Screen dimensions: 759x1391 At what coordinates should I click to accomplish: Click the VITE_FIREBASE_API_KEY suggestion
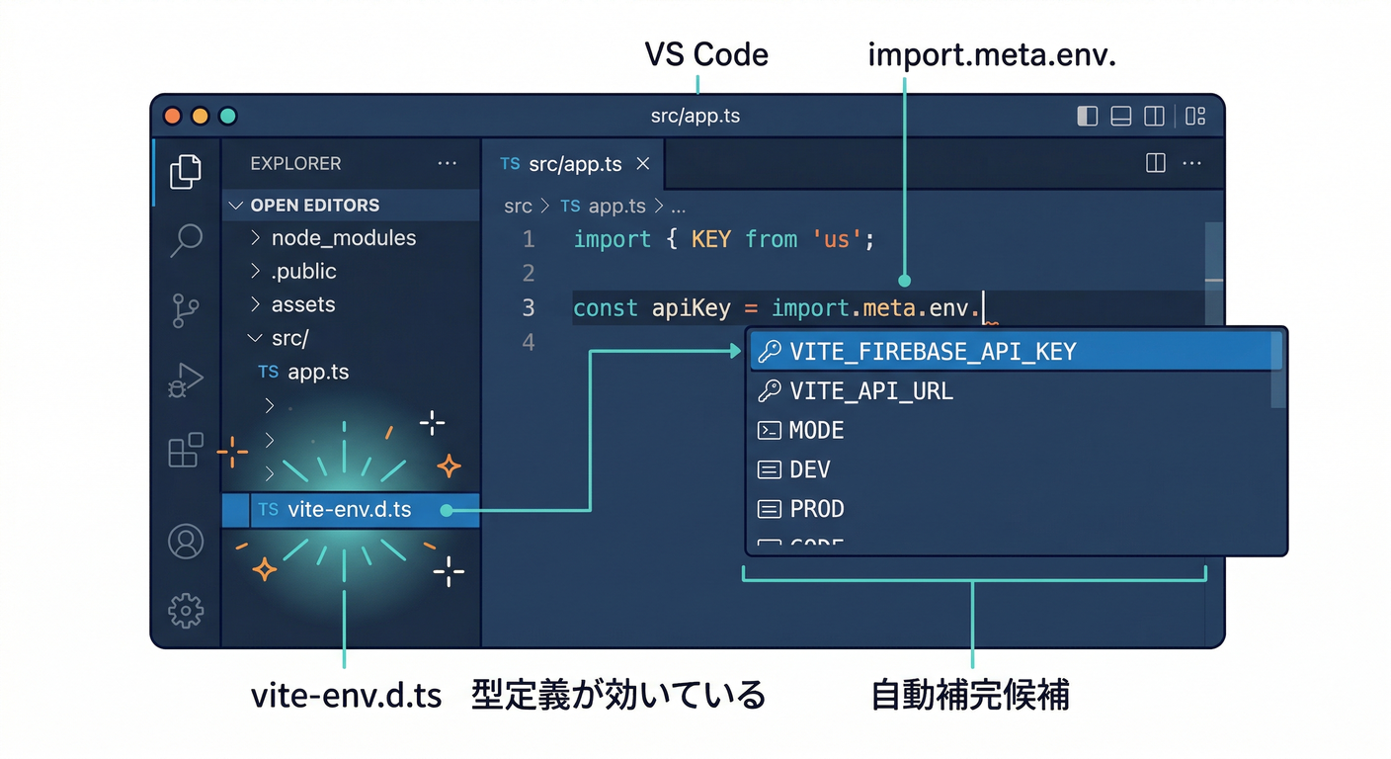(x=932, y=352)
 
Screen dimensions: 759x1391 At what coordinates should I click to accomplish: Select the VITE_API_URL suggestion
(x=870, y=391)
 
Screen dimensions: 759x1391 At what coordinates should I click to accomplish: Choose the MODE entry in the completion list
(x=816, y=431)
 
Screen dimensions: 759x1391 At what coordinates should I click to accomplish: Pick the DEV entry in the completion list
(x=809, y=470)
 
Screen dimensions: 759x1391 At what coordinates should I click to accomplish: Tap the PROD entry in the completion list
(x=816, y=510)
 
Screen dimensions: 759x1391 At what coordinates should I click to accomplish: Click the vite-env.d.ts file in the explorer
(x=349, y=511)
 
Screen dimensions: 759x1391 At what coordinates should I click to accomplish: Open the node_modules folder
(x=343, y=238)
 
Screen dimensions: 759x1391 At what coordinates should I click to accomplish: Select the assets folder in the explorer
(x=302, y=304)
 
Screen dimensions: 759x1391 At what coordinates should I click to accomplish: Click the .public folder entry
(x=303, y=272)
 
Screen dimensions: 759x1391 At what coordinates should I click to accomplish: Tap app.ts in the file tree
(x=317, y=373)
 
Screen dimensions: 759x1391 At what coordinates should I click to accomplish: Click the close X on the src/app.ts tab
(x=643, y=164)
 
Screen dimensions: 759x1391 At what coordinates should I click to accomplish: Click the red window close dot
(x=173, y=116)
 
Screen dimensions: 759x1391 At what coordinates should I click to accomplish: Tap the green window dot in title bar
(x=228, y=116)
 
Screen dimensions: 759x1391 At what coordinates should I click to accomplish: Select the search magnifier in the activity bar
(x=186, y=240)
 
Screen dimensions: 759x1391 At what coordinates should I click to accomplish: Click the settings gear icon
(x=186, y=611)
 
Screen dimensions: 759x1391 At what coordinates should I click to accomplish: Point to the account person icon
(x=186, y=542)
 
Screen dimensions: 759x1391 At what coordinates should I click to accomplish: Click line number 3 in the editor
(x=529, y=308)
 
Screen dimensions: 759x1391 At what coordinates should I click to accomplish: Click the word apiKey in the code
(x=691, y=308)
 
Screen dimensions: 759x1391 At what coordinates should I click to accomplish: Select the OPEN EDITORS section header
(x=314, y=206)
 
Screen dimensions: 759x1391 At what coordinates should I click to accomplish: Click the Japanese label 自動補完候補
(x=970, y=696)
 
